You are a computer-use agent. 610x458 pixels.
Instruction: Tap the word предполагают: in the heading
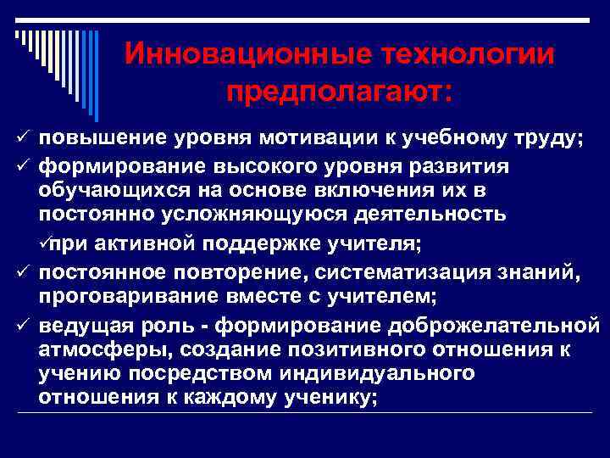coord(340,91)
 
